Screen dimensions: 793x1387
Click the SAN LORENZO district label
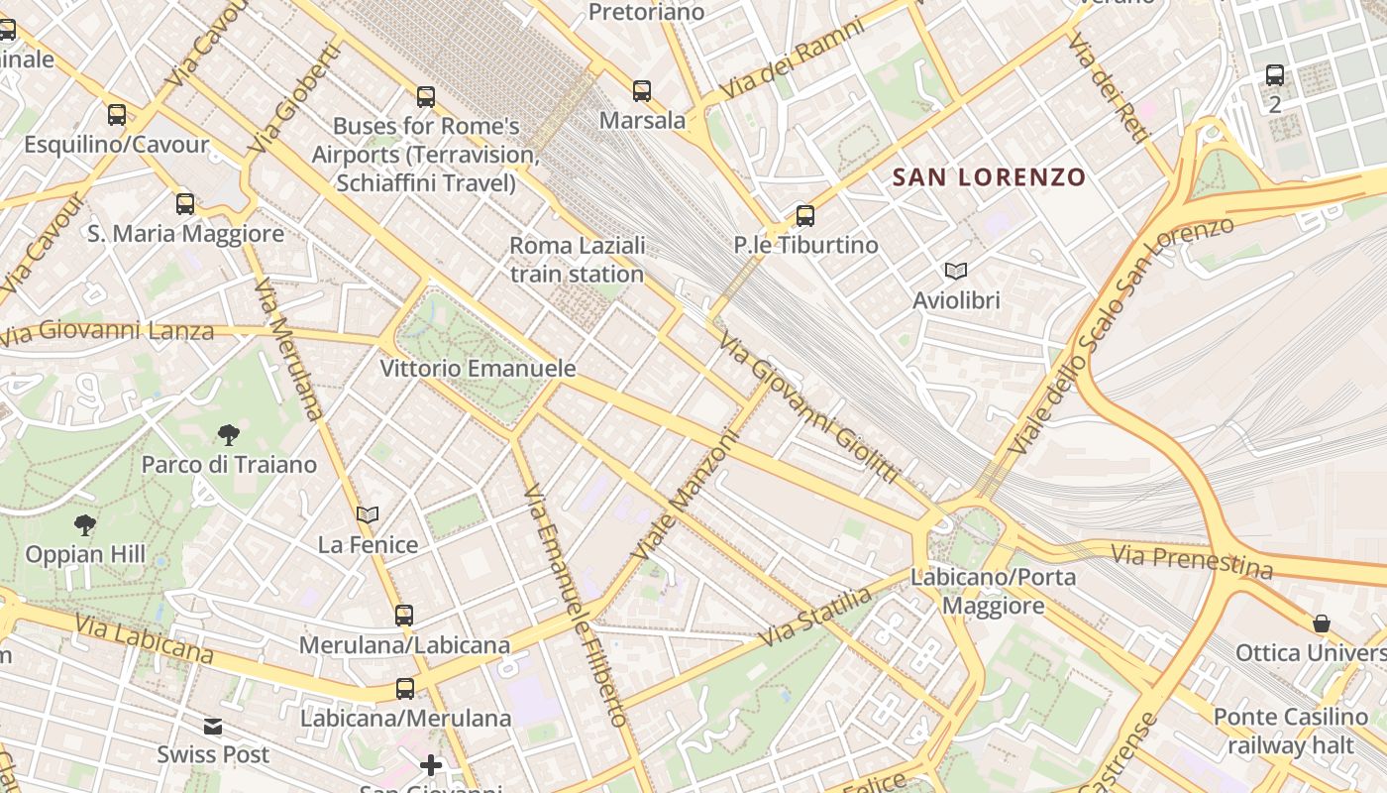point(989,177)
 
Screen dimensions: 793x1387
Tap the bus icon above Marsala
point(642,91)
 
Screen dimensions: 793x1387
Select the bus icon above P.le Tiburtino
point(805,215)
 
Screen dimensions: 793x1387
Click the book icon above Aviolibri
point(956,271)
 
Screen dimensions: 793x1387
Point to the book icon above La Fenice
point(368,514)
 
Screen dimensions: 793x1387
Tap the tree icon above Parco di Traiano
point(229,434)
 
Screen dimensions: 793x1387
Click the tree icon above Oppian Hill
point(85,524)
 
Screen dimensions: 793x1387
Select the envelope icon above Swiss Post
point(213,727)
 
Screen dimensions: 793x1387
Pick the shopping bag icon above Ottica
point(1321,623)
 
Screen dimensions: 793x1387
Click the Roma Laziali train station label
point(578,260)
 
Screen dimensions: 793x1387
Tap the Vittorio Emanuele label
point(478,369)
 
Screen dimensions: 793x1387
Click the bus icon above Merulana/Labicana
point(404,616)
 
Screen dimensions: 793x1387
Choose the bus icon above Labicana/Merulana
point(405,688)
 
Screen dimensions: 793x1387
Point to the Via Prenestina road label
point(1192,561)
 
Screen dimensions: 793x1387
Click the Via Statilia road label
point(814,617)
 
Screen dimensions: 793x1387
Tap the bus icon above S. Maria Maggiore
point(185,204)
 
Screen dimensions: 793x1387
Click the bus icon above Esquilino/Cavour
point(117,115)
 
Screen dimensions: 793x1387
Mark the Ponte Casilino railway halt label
point(1291,731)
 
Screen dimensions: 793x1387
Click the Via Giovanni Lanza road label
point(106,332)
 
